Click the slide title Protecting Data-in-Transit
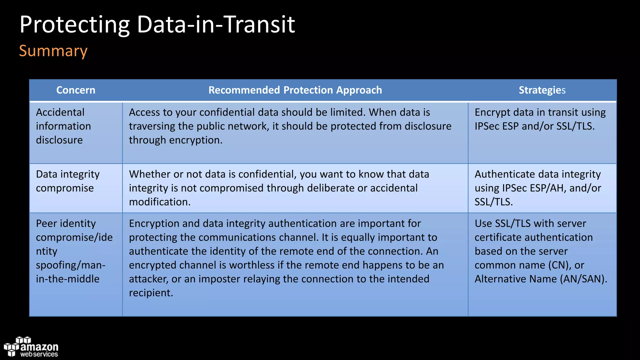(x=157, y=24)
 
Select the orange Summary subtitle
(x=53, y=51)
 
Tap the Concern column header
(x=76, y=90)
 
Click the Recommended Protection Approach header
(x=295, y=90)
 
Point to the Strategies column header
(x=542, y=90)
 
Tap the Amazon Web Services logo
(x=31, y=347)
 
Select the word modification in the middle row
(x=159, y=202)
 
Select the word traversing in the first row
(x=152, y=126)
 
